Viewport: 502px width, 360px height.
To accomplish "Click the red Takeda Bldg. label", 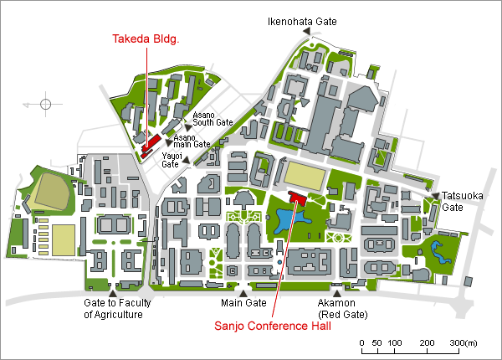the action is coord(146,39).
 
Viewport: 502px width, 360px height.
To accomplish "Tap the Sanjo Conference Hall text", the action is coord(273,326).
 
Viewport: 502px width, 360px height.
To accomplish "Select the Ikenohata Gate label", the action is coord(302,22).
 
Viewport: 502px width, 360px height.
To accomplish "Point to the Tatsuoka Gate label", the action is coord(463,202).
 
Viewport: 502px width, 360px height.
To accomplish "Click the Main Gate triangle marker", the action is coord(243,293).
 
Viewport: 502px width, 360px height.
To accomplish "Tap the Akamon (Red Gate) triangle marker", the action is coord(337,293).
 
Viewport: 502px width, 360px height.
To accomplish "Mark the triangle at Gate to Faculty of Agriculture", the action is coord(113,293).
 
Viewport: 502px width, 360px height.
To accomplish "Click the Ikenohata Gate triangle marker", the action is coord(307,31).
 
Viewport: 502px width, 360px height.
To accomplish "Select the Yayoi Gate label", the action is coord(172,160).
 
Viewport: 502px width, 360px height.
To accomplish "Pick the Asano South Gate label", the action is coord(213,119).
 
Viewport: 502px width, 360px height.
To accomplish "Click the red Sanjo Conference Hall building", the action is coord(297,198).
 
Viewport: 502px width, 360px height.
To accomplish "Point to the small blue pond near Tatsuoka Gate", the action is coord(439,252).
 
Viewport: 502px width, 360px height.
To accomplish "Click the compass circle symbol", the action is coord(45,104).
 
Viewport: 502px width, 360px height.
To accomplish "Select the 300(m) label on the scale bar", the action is coord(464,343).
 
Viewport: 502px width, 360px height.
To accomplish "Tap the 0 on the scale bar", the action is coord(361,343).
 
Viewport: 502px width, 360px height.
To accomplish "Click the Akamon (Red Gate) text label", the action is coord(342,308).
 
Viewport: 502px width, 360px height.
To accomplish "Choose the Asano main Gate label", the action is coord(192,141).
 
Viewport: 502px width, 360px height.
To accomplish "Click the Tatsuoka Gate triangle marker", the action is coord(435,195).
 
